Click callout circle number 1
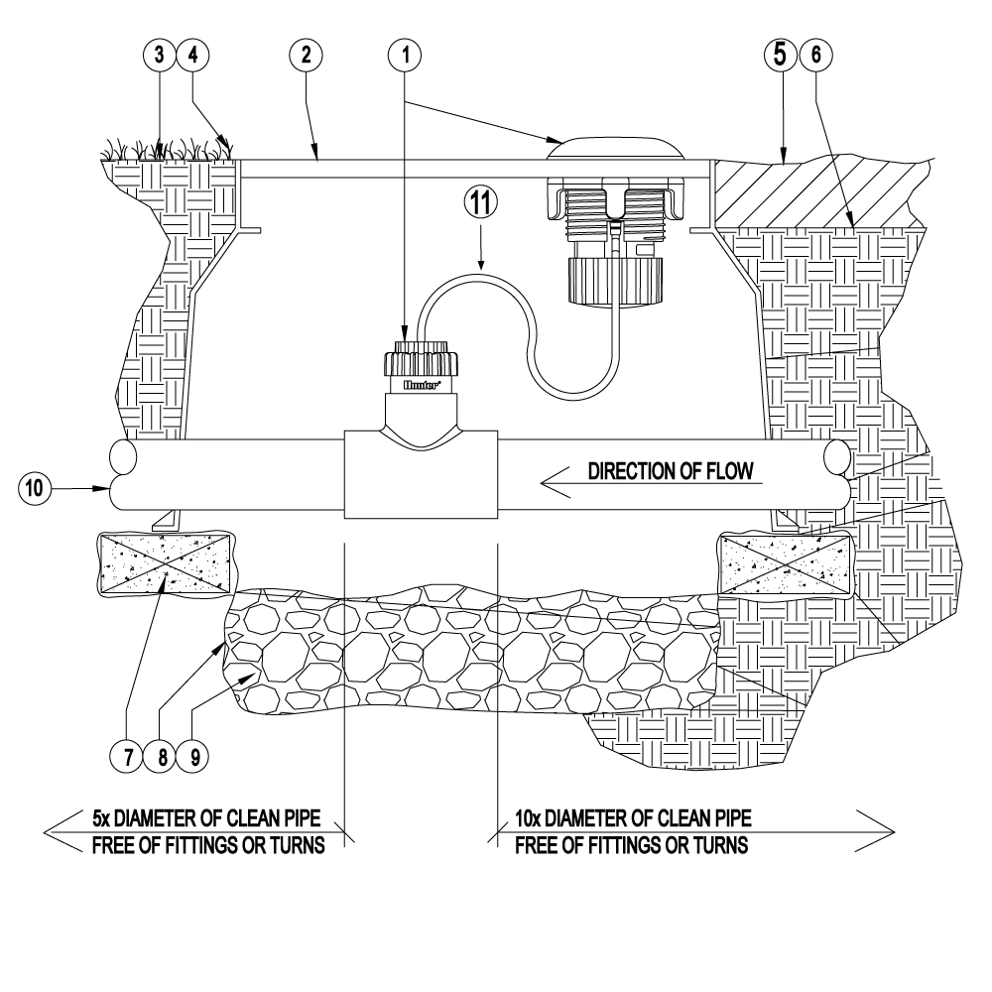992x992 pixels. (406, 56)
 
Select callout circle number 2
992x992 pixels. (307, 56)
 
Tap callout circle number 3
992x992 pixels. (159, 56)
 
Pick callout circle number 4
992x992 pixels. (193, 56)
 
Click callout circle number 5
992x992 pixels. (781, 56)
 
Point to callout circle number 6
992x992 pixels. (815, 56)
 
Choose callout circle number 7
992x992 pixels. (128, 756)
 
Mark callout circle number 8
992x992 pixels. (162, 756)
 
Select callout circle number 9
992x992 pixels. (194, 756)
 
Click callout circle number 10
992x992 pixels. (35, 488)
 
